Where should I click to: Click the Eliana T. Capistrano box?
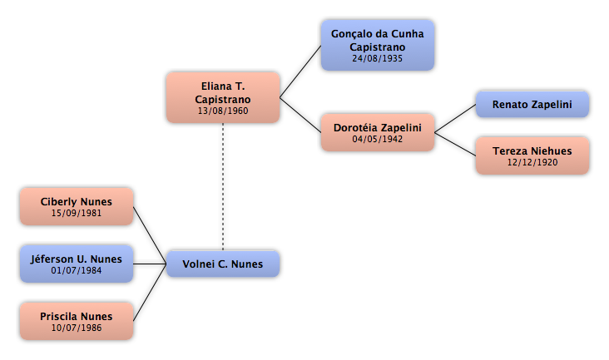223,97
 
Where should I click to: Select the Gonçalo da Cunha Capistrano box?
378,46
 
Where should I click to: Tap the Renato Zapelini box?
532,105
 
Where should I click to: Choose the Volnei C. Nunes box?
223,264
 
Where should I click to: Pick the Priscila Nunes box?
77,321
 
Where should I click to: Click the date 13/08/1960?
223,111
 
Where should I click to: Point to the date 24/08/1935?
378,58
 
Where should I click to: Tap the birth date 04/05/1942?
378,140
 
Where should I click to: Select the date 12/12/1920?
532,163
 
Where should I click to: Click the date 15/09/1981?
77,213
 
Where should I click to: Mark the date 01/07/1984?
77,270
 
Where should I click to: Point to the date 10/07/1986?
77,328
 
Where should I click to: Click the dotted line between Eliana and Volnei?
223,187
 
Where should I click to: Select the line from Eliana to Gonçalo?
300,72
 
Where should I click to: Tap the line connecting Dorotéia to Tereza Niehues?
455,145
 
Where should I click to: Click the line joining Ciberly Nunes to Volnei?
150,235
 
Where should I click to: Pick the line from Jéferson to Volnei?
150,264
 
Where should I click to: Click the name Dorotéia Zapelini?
378,128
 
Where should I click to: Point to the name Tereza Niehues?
532,151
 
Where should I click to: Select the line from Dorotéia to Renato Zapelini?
455,119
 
